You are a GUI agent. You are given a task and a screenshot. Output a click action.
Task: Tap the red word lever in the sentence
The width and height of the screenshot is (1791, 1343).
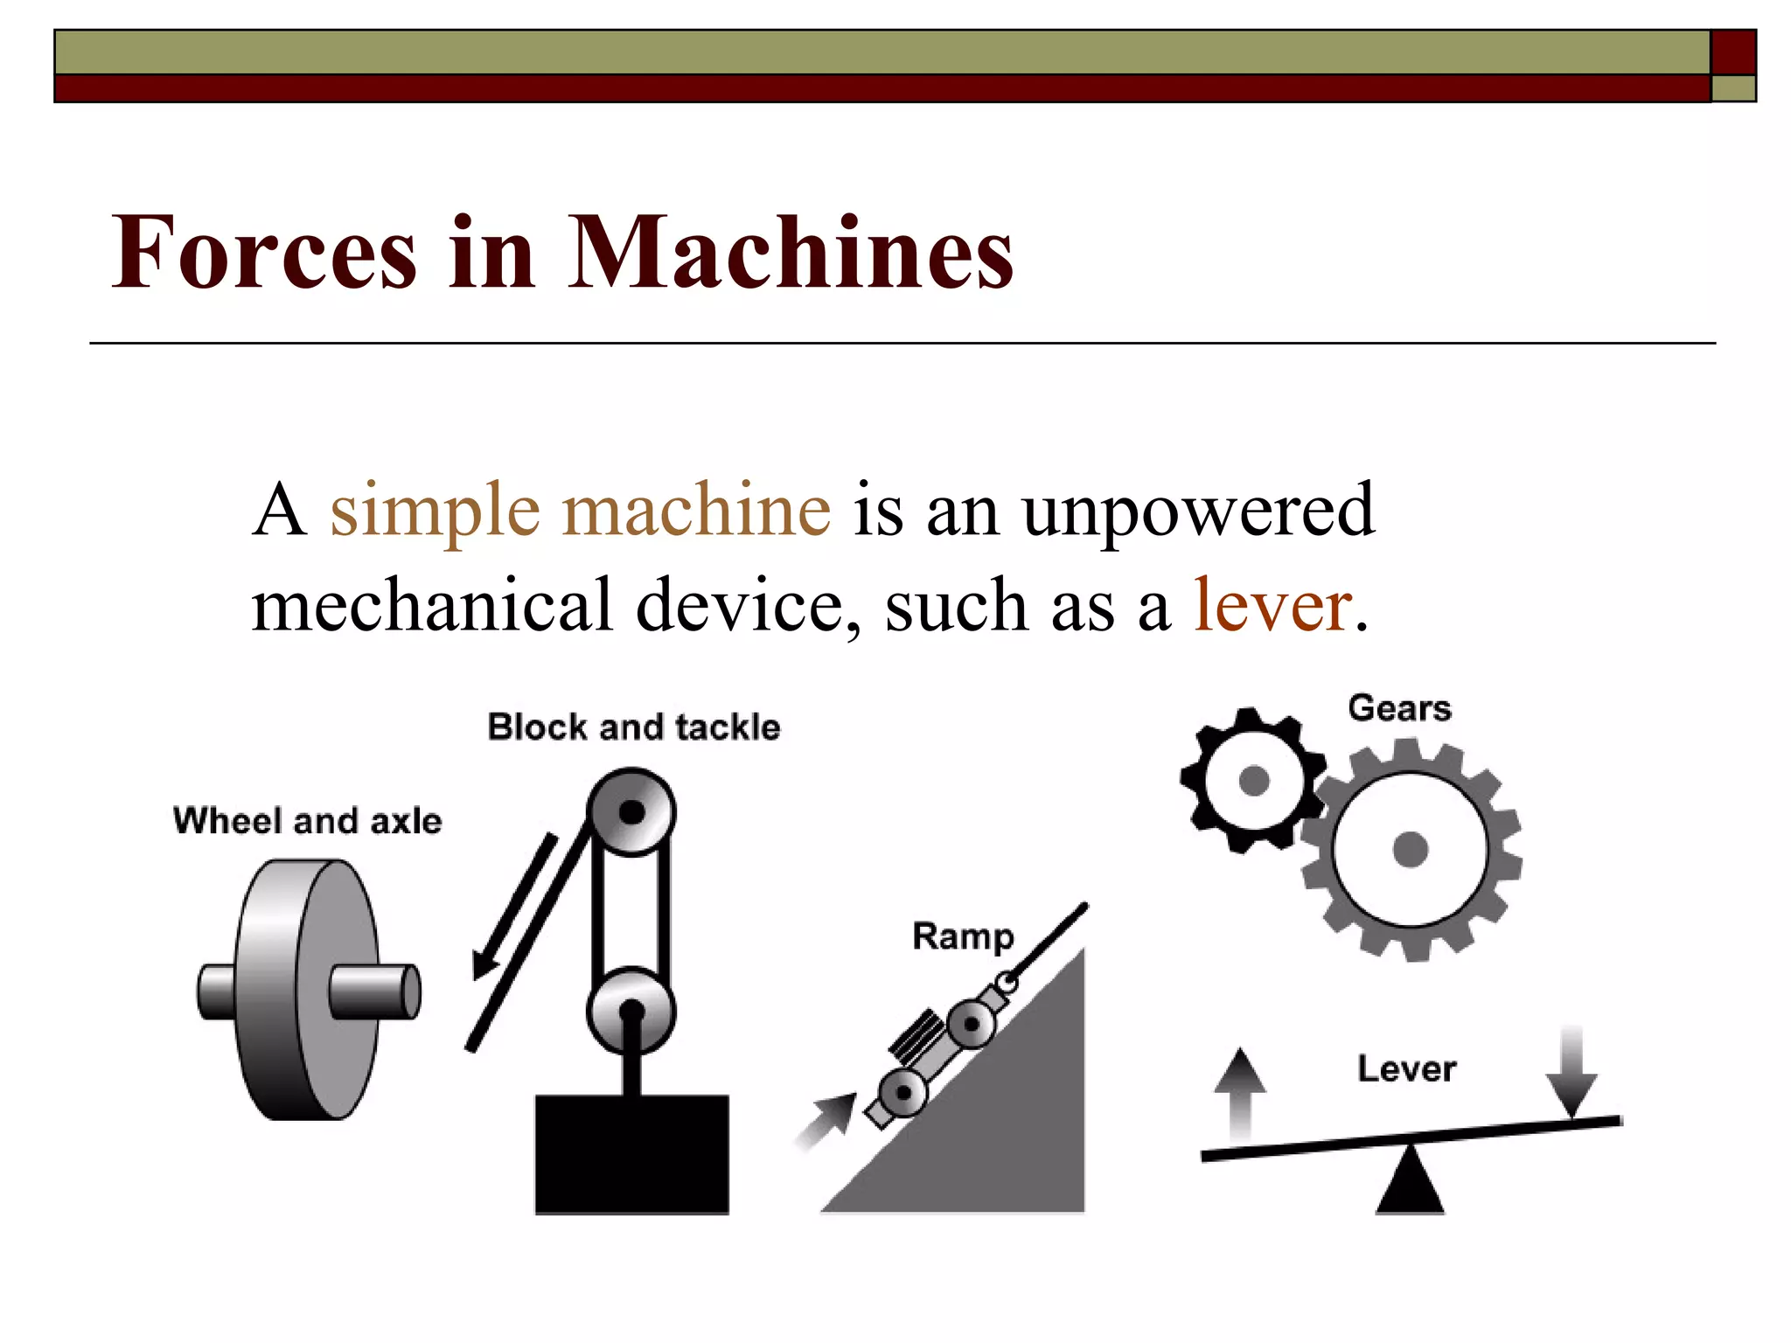tap(1272, 605)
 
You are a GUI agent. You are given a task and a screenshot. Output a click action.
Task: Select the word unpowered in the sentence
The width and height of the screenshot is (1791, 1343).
tap(1198, 511)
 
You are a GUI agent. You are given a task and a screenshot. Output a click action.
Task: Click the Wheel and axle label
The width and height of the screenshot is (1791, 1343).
tap(308, 821)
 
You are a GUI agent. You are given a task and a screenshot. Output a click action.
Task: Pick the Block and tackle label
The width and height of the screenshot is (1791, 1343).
tap(633, 727)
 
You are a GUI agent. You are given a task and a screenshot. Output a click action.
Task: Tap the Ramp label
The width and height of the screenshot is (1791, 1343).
tap(963, 936)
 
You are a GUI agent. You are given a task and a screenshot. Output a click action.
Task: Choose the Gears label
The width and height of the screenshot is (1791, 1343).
tap(1399, 707)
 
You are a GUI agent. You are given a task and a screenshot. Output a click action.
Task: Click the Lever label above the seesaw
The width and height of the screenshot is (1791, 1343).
tap(1406, 1068)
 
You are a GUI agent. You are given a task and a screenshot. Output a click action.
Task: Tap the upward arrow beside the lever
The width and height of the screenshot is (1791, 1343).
tap(1239, 1093)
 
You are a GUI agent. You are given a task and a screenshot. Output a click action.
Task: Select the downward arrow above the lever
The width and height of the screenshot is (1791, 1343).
tap(1571, 1072)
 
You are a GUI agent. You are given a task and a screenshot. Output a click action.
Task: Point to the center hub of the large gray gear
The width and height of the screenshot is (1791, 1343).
tap(1410, 849)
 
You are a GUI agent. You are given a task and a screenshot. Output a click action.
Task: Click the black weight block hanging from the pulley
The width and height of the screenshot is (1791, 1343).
tap(631, 1154)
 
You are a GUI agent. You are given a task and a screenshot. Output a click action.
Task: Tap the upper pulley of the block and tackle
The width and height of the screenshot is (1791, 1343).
tap(631, 812)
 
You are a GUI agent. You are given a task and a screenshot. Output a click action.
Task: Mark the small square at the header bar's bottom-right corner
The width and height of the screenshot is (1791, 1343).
tap(1733, 88)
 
